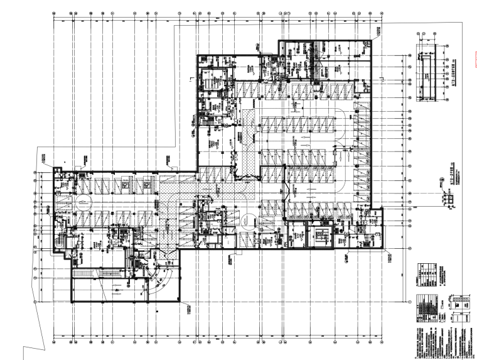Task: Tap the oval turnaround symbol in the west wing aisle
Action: [x=82, y=202]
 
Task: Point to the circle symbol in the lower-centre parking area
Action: [x=250, y=219]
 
